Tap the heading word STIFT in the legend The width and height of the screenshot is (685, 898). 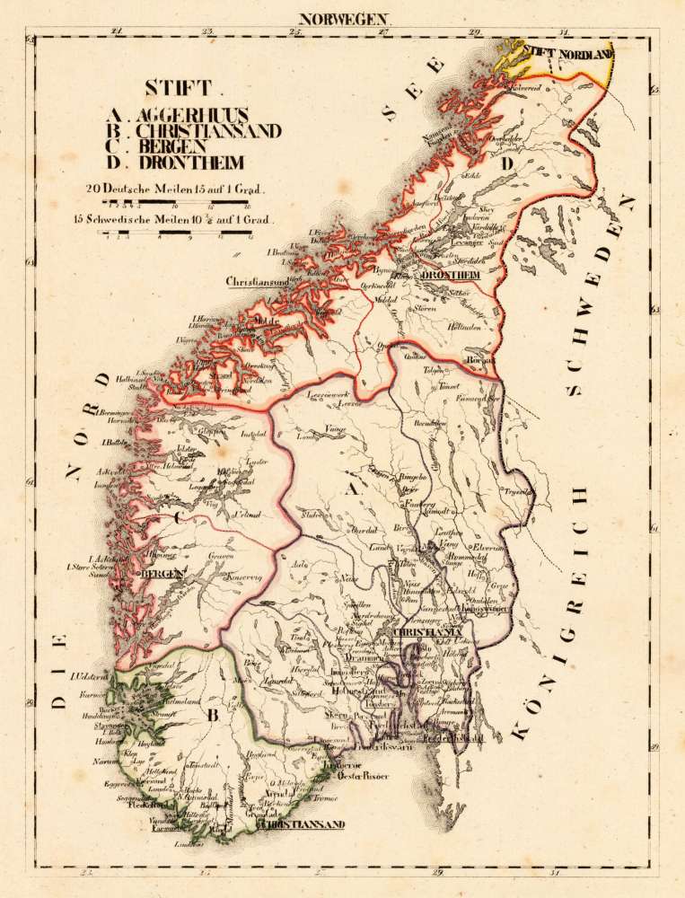[x=176, y=88]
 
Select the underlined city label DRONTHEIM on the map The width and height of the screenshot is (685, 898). [x=452, y=273]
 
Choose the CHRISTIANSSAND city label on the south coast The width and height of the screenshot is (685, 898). [x=302, y=823]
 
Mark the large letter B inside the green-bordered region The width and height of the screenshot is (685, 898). [x=213, y=716]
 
